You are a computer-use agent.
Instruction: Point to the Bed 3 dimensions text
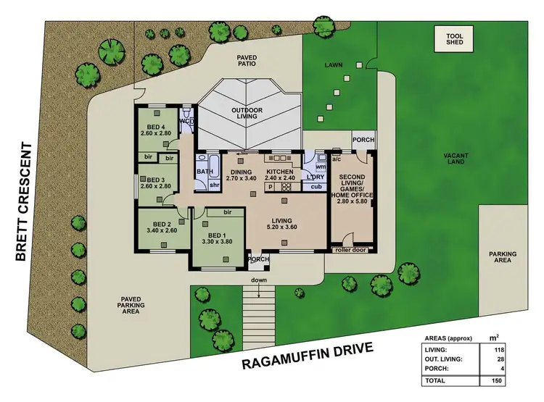tap(155, 186)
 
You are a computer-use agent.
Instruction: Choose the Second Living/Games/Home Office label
tap(351, 187)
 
